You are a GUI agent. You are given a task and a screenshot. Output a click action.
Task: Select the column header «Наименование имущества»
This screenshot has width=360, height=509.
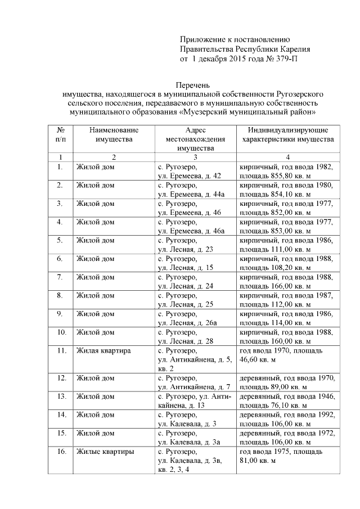coord(114,134)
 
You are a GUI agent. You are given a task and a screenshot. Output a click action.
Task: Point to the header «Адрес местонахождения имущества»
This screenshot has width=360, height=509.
coord(195,139)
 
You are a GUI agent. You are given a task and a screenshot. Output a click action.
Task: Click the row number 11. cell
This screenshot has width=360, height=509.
coord(61,350)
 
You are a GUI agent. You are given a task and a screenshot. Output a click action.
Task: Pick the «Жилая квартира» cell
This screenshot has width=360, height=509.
coord(103,350)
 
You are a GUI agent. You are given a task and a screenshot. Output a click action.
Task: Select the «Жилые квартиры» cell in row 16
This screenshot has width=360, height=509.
coord(105,451)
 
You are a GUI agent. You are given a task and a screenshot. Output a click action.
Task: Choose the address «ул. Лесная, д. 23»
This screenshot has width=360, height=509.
coord(186,249)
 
